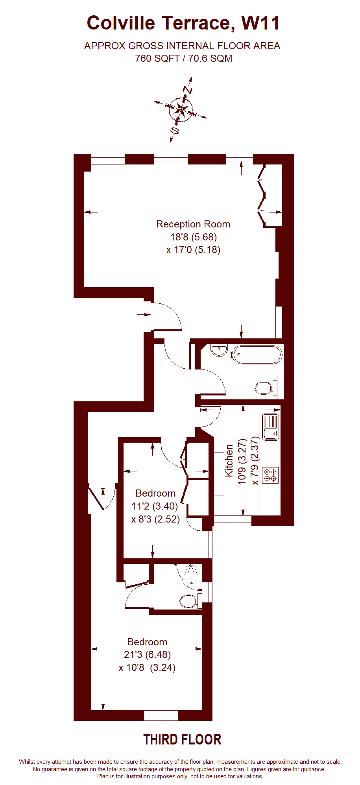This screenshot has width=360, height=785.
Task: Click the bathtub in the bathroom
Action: [x=257, y=355]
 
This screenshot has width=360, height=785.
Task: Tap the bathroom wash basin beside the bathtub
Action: [x=219, y=350]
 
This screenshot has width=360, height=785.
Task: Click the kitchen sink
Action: [x=271, y=427]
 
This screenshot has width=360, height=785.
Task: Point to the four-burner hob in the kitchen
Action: [x=270, y=475]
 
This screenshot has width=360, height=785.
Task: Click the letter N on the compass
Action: [x=188, y=90]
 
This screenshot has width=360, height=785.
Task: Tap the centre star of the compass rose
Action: [x=181, y=110]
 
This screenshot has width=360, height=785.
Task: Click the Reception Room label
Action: [x=193, y=224]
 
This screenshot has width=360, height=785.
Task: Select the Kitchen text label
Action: [x=229, y=461]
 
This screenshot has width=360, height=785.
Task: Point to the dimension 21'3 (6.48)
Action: [x=147, y=654]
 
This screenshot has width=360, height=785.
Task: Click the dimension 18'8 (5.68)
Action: [x=194, y=237]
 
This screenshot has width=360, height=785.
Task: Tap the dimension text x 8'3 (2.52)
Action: [x=155, y=519]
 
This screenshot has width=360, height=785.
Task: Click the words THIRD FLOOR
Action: [x=182, y=739]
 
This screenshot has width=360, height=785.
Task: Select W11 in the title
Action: [x=260, y=23]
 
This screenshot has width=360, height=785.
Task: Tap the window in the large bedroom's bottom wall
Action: [x=161, y=715]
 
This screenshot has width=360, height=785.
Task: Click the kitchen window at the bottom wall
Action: [x=233, y=521]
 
